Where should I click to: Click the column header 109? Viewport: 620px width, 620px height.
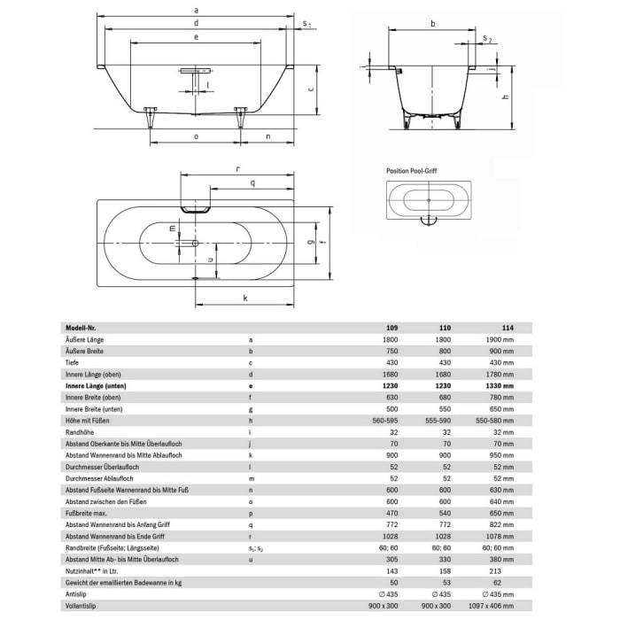392,327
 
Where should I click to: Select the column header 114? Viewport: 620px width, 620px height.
507,327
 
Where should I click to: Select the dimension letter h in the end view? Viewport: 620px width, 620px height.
503,99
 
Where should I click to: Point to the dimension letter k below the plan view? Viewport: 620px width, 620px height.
244,298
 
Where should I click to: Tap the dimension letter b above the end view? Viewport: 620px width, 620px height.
431,24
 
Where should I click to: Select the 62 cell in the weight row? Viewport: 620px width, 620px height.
508,584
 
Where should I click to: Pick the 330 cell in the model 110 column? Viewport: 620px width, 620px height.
446,559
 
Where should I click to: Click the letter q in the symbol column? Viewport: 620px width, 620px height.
252,523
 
